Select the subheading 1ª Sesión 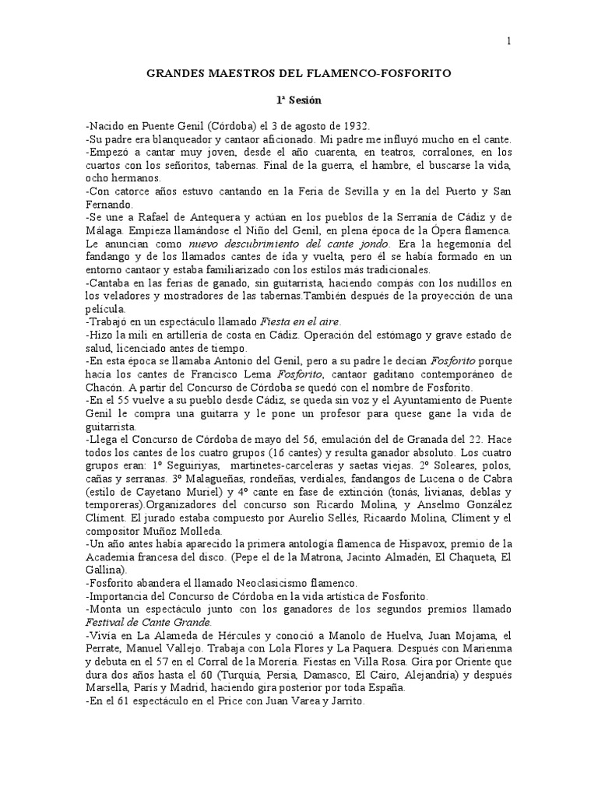pyautogui.click(x=300, y=100)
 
